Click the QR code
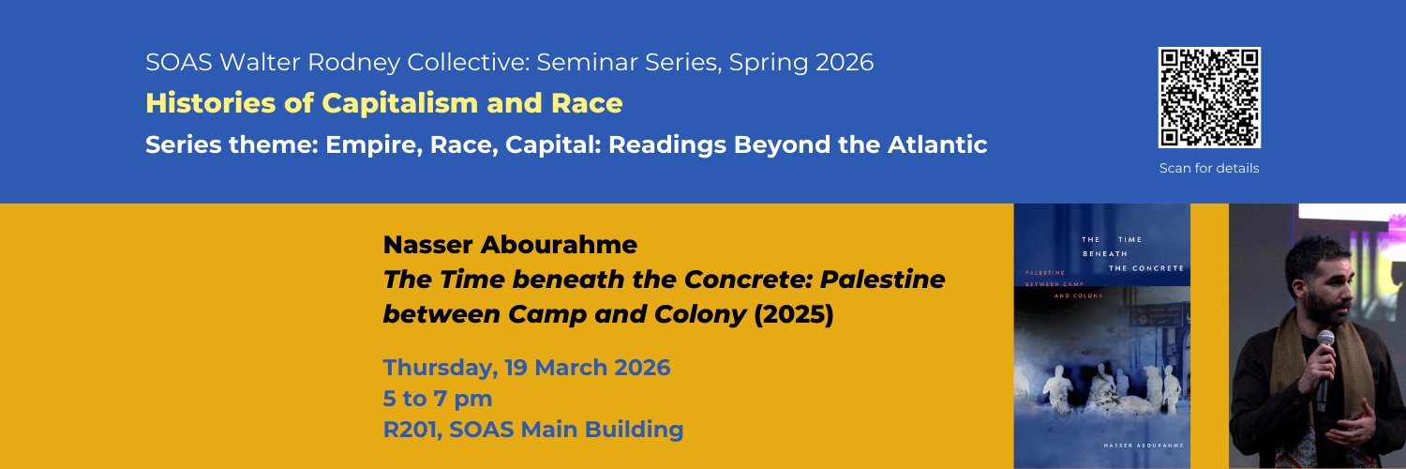point(1209,98)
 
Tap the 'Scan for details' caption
point(1209,169)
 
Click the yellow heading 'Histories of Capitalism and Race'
point(383,103)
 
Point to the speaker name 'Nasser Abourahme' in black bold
point(510,246)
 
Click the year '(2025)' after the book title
point(793,314)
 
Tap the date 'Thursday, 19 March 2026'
point(527,367)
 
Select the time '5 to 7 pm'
point(438,399)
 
